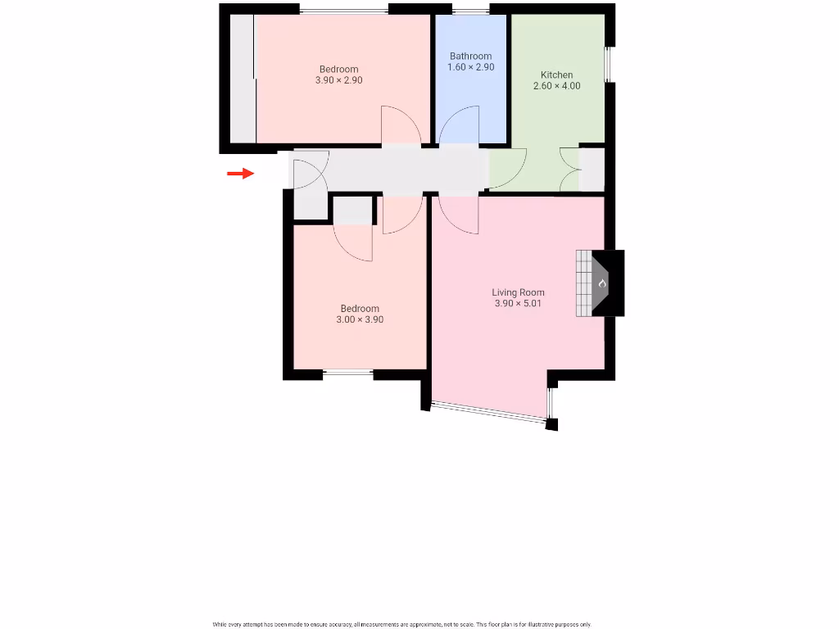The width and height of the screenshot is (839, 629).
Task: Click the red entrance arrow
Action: pyautogui.click(x=240, y=173)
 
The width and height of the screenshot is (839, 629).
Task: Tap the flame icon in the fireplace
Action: pyautogui.click(x=602, y=283)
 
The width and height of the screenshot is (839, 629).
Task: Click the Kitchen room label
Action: pyautogui.click(x=556, y=75)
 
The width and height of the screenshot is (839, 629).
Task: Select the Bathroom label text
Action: pyautogui.click(x=470, y=57)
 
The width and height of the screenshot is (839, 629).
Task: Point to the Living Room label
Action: pyautogui.click(x=518, y=292)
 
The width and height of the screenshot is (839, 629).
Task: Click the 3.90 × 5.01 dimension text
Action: pyautogui.click(x=518, y=304)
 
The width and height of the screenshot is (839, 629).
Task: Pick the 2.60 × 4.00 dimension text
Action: pyautogui.click(x=556, y=86)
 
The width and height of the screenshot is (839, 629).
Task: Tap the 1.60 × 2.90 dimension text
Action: pyautogui.click(x=470, y=67)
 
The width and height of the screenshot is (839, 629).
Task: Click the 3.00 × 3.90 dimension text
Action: pyautogui.click(x=360, y=320)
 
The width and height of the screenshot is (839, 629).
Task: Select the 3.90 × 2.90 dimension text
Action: pyautogui.click(x=338, y=80)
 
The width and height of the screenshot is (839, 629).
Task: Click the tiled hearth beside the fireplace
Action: pyautogui.click(x=583, y=283)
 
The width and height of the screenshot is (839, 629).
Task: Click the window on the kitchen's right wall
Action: pyautogui.click(x=609, y=64)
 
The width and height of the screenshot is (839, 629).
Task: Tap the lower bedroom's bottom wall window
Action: pyautogui.click(x=348, y=374)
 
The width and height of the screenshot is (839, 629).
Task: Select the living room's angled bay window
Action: pyautogui.click(x=488, y=412)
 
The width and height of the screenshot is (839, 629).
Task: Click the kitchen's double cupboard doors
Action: pyautogui.click(x=570, y=169)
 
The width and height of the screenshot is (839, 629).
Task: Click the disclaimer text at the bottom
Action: pyautogui.click(x=401, y=624)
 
